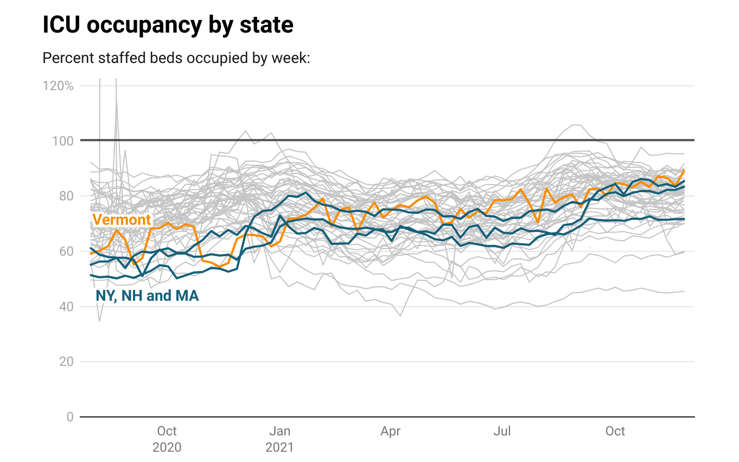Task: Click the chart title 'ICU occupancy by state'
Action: coord(168,26)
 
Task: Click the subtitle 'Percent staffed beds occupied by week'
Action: coord(176,58)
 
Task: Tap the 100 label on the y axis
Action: coord(65,141)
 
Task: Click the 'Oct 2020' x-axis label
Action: coord(167,439)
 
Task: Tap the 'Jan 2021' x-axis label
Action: coord(279,439)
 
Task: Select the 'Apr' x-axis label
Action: coord(390,432)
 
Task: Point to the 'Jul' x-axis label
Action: coord(502,432)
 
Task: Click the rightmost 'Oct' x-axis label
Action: coord(615,432)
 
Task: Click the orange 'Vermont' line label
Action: coord(122,220)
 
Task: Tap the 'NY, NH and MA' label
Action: coord(147,296)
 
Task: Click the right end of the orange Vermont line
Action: coord(684,171)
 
